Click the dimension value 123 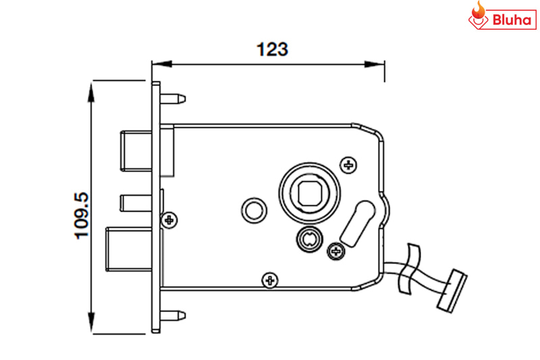click(272, 49)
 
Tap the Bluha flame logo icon click(479, 16)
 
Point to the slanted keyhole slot click(357, 220)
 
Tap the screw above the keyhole click(349, 163)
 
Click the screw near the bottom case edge click(270, 278)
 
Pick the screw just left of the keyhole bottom click(335, 251)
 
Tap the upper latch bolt click(135, 150)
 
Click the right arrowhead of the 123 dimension click(378, 65)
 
